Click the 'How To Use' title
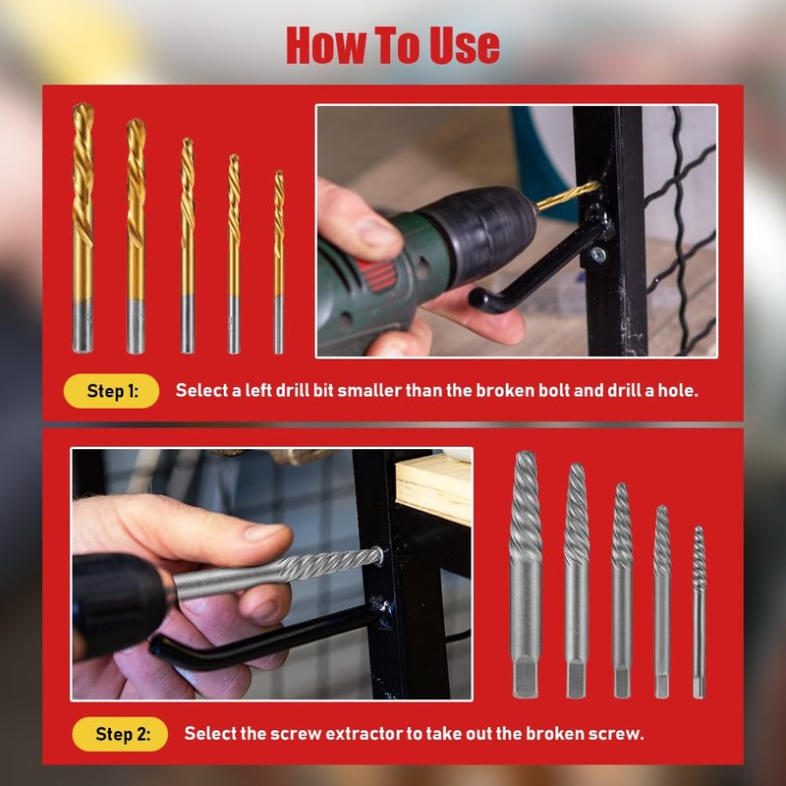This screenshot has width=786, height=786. coord(393,45)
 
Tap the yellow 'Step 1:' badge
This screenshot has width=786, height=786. coord(111,390)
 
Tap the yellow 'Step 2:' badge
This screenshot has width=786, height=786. coord(120,733)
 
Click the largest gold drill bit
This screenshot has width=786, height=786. coord(84,226)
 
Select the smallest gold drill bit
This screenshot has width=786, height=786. coord(279,260)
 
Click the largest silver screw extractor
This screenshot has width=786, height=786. coord(526,575)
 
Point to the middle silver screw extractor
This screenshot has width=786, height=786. coord(622,589)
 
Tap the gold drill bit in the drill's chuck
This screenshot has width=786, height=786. coord(566,196)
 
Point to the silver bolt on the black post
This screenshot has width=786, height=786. coord(597,255)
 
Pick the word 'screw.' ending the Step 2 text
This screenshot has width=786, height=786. coord(619,733)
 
